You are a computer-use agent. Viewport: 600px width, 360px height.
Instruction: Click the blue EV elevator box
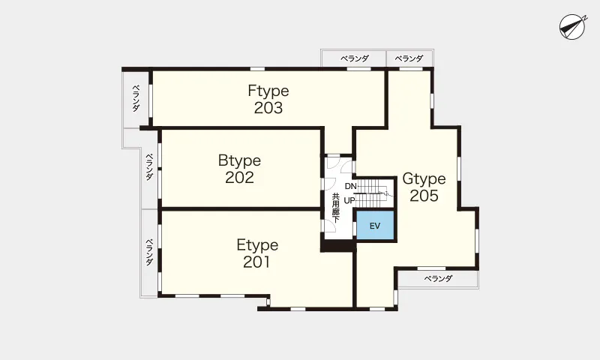(x=375, y=225)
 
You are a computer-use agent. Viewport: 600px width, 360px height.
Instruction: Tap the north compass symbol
(x=572, y=27)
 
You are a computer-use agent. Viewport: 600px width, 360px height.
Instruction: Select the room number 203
(x=268, y=108)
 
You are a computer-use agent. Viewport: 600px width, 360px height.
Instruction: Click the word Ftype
(x=268, y=91)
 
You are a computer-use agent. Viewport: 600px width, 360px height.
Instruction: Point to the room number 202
(x=239, y=178)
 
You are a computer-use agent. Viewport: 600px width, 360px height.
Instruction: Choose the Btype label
(x=239, y=160)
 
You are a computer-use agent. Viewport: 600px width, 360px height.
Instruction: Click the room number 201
(x=256, y=262)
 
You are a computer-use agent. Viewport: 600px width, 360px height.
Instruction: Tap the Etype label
(x=257, y=244)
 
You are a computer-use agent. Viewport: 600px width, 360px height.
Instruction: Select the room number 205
(x=424, y=196)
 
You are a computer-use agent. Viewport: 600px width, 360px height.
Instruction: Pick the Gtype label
(x=424, y=178)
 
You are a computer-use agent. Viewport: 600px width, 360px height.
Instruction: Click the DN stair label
(x=350, y=186)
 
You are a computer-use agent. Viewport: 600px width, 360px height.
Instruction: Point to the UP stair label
(x=349, y=200)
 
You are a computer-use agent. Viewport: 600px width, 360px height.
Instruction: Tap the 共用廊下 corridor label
(x=335, y=208)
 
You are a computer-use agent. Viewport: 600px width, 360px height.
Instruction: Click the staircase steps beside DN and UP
(x=373, y=193)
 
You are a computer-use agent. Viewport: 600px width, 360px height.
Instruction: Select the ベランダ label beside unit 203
(x=136, y=98)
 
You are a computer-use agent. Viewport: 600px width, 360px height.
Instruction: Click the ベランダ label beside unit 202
(x=149, y=166)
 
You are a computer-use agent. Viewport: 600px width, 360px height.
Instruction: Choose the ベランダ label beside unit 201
(x=149, y=252)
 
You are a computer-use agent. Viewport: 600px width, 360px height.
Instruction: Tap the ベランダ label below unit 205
(x=438, y=278)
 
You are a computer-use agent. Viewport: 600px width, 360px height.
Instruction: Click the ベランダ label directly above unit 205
(x=409, y=58)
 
